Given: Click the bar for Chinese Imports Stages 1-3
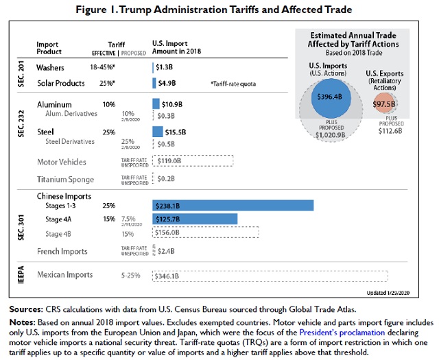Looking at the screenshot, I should tap(233, 205).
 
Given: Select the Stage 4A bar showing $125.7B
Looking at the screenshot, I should tap(195, 219).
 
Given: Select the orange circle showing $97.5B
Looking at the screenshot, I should tap(384, 104).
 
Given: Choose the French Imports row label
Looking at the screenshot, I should tap(62, 252).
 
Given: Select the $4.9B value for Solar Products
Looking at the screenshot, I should tap(168, 83).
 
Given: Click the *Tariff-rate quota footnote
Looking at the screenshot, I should tap(235, 83).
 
